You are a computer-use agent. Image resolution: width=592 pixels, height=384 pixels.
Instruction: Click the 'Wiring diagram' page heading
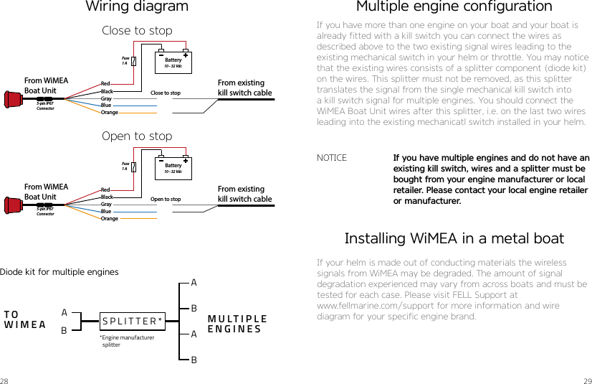click(137, 7)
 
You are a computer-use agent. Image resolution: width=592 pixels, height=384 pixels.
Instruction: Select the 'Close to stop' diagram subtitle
click(137, 31)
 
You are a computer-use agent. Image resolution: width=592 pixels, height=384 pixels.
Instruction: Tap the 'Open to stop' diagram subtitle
click(137, 136)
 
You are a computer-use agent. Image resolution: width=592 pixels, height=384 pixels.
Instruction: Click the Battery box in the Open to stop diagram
click(173, 168)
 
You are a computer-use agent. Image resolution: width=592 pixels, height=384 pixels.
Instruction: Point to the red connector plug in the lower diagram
click(14, 205)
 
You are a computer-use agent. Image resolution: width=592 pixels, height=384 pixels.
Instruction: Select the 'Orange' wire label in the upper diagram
click(110, 113)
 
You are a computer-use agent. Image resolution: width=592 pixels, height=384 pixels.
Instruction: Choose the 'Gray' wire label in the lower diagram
click(106, 205)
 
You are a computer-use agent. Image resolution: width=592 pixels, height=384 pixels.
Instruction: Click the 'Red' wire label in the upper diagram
click(105, 84)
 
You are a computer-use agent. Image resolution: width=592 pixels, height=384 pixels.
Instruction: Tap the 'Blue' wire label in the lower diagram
click(106, 212)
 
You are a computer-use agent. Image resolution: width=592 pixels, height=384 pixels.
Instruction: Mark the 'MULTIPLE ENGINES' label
click(237, 324)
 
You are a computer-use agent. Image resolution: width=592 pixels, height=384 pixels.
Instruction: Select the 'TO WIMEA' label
click(24, 319)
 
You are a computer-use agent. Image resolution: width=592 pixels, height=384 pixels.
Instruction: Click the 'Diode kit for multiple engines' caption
click(59, 272)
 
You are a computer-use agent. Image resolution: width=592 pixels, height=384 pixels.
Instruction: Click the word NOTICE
click(332, 158)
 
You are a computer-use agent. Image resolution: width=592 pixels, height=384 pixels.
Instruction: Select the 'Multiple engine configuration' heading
click(454, 7)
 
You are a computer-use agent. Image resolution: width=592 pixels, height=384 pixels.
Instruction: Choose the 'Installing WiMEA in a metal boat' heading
click(454, 238)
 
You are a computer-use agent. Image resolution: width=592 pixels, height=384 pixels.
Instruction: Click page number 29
click(587, 379)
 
